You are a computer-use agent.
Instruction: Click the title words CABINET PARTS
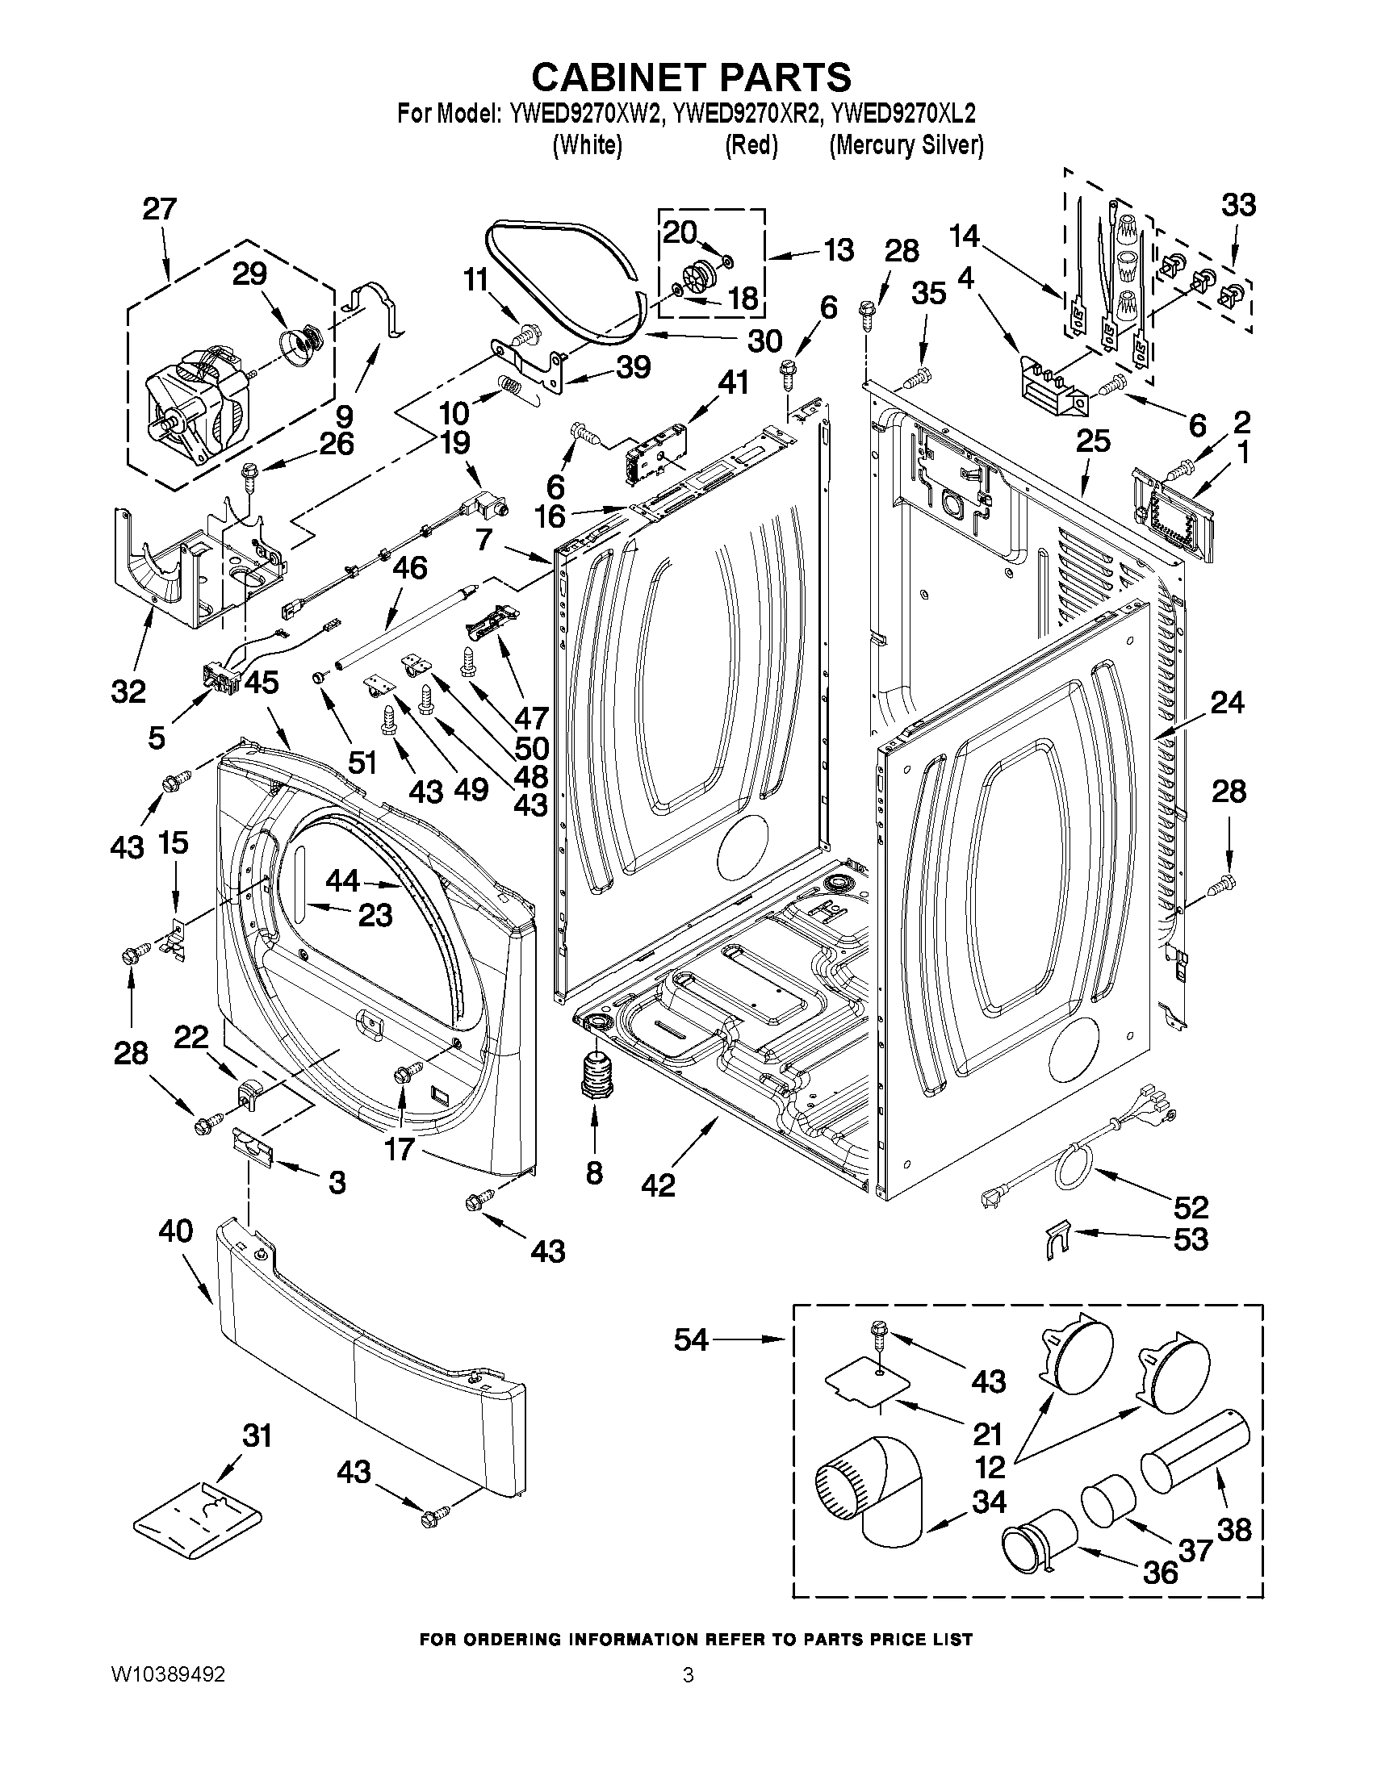point(691,77)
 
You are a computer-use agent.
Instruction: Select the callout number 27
point(160,209)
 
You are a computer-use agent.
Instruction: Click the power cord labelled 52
point(1074,1155)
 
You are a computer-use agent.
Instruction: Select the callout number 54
point(692,1339)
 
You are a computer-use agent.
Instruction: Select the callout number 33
point(1238,205)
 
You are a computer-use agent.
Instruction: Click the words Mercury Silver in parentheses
point(906,145)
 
